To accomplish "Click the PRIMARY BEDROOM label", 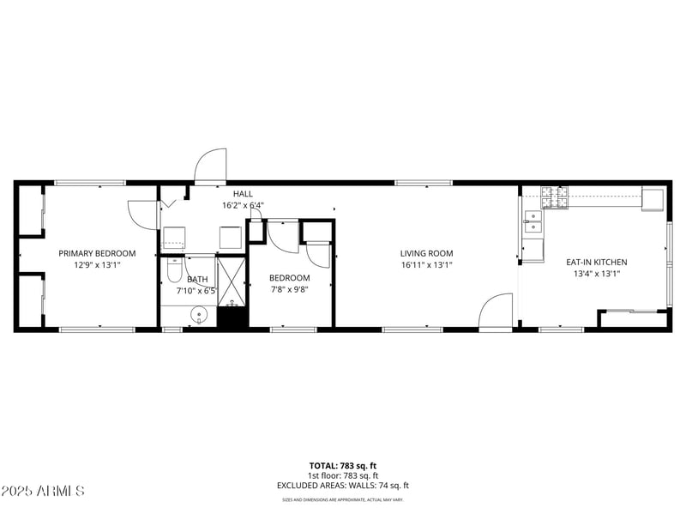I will [97, 253].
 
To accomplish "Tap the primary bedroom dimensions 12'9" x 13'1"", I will [97, 265].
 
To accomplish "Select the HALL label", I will [243, 194].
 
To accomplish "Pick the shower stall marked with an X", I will [232, 279].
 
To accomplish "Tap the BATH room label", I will [198, 279].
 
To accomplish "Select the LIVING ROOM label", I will [426, 253].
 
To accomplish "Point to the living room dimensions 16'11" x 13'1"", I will [426, 265].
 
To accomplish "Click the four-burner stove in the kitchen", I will [554, 198].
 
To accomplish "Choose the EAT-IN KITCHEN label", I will [596, 262].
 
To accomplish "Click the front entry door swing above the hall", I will [211, 166].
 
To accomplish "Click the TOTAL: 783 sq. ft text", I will [342, 466].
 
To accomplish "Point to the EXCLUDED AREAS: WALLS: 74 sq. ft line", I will [342, 485].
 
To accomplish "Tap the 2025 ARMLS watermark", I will [43, 491].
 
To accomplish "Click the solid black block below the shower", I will [232, 317].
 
